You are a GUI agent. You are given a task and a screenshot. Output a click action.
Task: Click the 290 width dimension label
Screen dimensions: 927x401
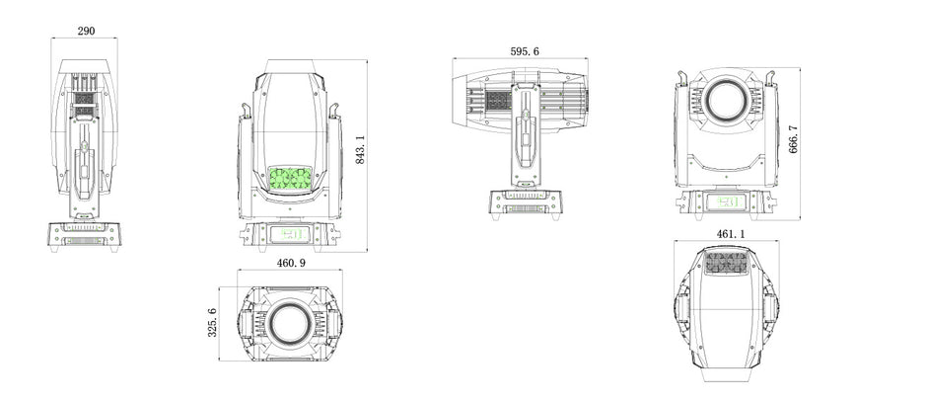[x=87, y=31]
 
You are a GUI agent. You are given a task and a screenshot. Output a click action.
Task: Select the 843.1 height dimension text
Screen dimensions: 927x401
[x=360, y=149]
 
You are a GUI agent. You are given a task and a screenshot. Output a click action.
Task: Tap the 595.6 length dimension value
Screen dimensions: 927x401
[x=525, y=51]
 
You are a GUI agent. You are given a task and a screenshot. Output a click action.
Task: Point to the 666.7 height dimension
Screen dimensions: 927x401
[x=794, y=139]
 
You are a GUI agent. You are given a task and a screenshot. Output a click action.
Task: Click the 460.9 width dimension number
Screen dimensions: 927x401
[x=292, y=263]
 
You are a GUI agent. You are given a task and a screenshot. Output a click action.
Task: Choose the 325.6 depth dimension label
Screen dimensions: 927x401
[x=212, y=323]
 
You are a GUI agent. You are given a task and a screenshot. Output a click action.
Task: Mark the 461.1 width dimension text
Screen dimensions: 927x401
[x=731, y=234]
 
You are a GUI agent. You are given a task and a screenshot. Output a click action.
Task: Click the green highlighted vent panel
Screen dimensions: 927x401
[x=290, y=179]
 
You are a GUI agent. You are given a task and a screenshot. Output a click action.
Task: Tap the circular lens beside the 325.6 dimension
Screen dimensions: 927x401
[x=290, y=324]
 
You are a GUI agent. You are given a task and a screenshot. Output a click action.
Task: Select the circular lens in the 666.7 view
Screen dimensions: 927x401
[x=726, y=102]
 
